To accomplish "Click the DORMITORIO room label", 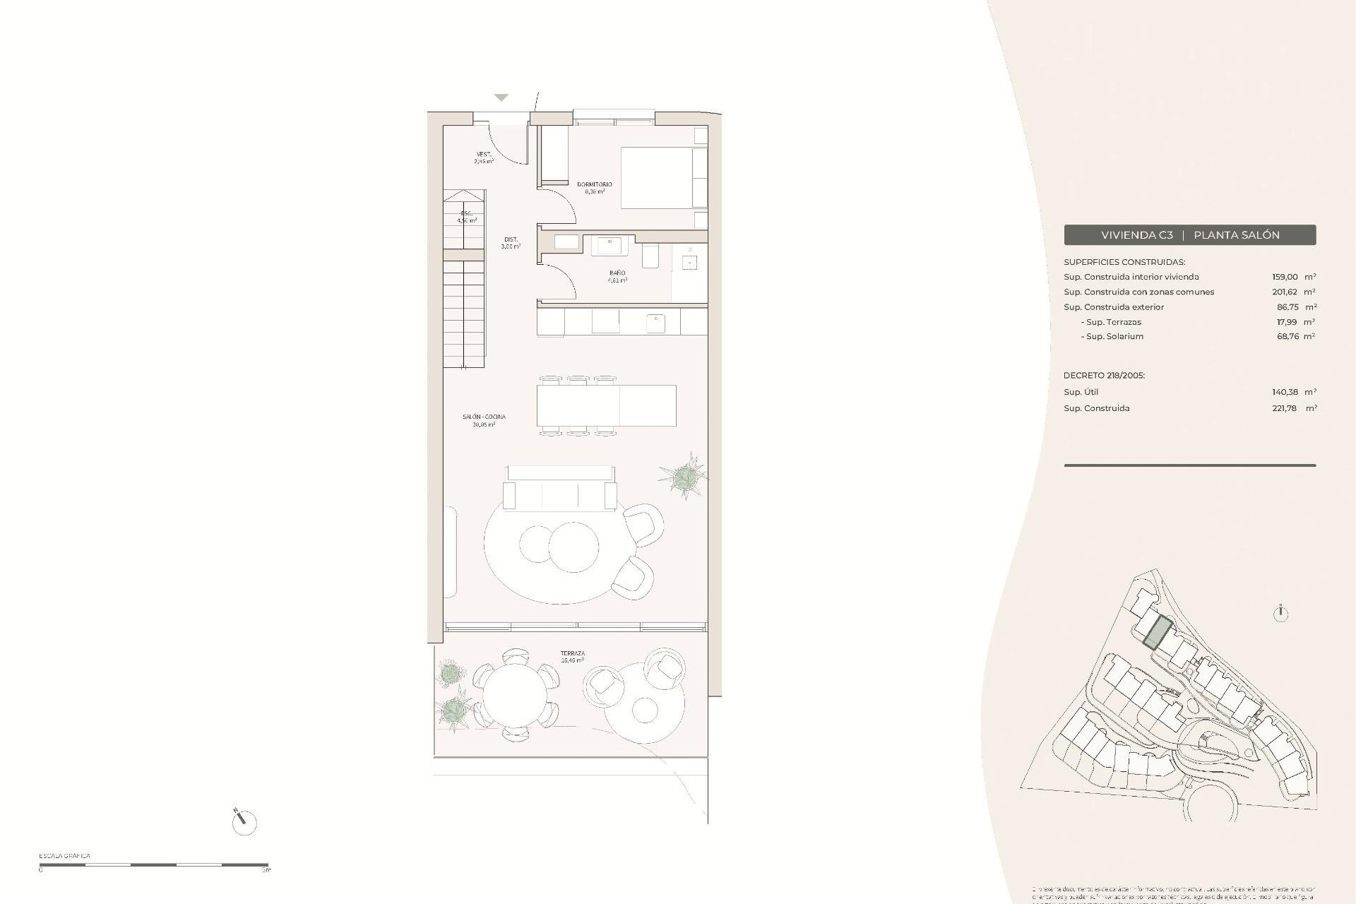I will pos(594,184).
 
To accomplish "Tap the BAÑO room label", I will pos(617,273).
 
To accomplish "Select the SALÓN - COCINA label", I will pos(484,417).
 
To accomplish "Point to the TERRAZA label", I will pos(572,653).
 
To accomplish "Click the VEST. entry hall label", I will pos(484,154).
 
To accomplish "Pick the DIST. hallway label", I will pos(511,239).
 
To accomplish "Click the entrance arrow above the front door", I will pos(501,97).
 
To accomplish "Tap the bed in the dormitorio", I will pos(663,177).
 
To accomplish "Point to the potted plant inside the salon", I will pos(683,478).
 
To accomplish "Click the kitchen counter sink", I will pos(655,323).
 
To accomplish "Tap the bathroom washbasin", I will pos(609,245).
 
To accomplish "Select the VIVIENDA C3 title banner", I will pos(1189,235).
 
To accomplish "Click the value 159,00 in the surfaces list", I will pos(1285,277).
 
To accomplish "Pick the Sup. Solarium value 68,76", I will pos(1285,336).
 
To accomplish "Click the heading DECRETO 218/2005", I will pos(1104,376).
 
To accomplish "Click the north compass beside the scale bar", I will pos(244,821).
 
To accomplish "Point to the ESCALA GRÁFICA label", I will pos(64,856).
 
